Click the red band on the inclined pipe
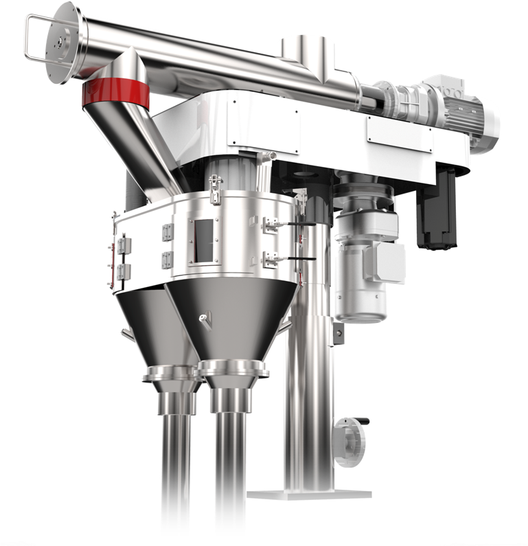pyautogui.click(x=114, y=95)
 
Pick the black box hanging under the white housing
pyautogui.click(x=435, y=213)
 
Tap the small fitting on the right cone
pyautogui.click(x=204, y=317)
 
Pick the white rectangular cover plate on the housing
pyautogui.click(x=399, y=131)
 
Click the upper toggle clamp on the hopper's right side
pyautogui.click(x=272, y=224)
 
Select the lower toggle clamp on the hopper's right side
pyautogui.click(x=272, y=260)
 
